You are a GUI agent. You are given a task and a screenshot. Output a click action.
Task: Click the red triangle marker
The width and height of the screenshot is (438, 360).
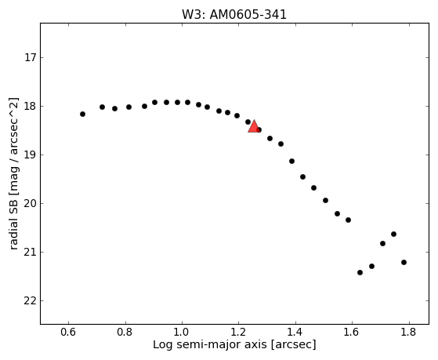click(x=254, y=126)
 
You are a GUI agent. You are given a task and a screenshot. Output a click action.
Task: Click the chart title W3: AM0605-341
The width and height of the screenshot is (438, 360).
click(x=234, y=15)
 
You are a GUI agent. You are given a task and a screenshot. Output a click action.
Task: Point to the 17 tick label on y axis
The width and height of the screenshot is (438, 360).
click(x=31, y=58)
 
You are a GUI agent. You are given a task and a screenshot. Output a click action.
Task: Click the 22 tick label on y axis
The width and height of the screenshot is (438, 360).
click(x=31, y=301)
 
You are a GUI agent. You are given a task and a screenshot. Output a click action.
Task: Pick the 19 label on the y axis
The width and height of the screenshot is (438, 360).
click(x=31, y=155)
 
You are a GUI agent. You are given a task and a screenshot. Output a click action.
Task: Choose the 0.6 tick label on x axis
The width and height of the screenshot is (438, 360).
click(x=68, y=332)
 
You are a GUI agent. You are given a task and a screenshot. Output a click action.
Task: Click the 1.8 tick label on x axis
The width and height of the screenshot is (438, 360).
click(x=409, y=332)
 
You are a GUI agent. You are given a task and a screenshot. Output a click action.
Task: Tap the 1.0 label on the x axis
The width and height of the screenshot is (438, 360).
click(x=182, y=332)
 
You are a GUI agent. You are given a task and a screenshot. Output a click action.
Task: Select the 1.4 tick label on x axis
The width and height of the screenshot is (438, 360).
click(x=295, y=332)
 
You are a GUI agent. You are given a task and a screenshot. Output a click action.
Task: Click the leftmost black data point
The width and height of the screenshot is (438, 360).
click(x=82, y=114)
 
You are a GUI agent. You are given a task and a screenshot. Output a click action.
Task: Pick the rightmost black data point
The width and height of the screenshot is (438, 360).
click(x=404, y=262)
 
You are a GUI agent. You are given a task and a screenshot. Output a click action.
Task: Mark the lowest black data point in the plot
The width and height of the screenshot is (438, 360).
click(x=360, y=272)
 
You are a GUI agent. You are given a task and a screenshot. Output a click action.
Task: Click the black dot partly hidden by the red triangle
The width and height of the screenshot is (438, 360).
click(x=259, y=129)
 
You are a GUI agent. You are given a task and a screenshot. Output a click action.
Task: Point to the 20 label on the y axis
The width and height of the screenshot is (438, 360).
click(x=31, y=204)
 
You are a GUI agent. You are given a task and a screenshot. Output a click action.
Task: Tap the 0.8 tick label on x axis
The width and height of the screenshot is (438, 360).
click(x=125, y=332)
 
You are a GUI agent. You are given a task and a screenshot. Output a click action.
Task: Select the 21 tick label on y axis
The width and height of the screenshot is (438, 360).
click(x=31, y=253)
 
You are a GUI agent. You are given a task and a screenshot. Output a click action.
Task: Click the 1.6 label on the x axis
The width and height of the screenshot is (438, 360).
click(x=353, y=332)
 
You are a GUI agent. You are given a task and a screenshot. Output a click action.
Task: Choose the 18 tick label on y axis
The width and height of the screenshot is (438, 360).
click(x=31, y=107)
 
